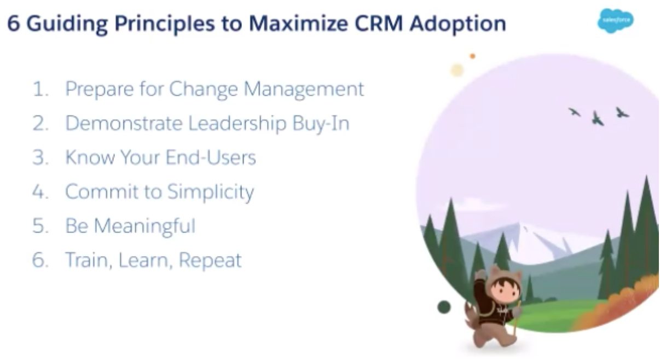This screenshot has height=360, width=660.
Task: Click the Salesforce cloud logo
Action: [616, 21]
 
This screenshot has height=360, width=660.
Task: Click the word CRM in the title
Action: [379, 24]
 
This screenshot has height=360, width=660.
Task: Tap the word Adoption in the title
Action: [458, 24]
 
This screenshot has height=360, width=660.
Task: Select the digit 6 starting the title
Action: [14, 24]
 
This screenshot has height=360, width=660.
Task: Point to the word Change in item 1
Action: [203, 90]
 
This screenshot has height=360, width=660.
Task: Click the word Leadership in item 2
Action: [237, 123]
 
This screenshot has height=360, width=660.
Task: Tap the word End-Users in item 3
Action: [211, 158]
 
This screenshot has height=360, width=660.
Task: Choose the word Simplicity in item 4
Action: [211, 193]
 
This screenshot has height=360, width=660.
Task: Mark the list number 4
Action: [40, 192]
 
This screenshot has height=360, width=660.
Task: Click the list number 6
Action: [40, 260]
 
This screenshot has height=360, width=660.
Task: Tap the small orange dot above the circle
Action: [472, 56]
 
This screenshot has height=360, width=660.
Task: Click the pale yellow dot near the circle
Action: [458, 70]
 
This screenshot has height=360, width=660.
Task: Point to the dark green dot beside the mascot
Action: [444, 307]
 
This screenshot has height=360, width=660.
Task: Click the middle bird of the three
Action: [598, 119]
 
